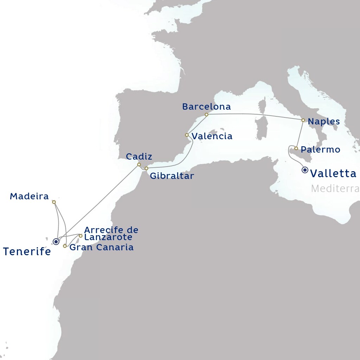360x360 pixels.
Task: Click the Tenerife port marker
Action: (x=56, y=242)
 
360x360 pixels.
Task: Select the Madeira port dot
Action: (x=54, y=202)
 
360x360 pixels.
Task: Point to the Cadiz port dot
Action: (x=139, y=164)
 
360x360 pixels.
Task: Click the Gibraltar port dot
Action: (x=147, y=168)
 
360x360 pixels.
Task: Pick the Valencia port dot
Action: (x=187, y=135)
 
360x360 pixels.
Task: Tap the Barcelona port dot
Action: (x=206, y=115)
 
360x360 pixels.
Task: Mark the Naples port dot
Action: (x=303, y=120)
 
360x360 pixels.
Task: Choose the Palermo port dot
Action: (x=296, y=148)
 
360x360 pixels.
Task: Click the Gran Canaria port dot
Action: (x=65, y=246)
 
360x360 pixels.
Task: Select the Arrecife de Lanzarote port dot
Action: (x=81, y=236)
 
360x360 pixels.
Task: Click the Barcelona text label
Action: (x=206, y=107)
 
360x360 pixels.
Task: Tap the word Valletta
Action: (x=334, y=173)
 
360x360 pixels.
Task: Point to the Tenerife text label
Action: (x=27, y=251)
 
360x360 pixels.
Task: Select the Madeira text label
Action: (x=29, y=196)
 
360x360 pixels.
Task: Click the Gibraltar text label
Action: (x=172, y=176)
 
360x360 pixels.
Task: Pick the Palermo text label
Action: (x=320, y=150)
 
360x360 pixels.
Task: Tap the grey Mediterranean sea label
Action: (x=335, y=188)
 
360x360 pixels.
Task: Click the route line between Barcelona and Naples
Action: (x=253, y=115)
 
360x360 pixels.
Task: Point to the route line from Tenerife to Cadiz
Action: (x=102, y=200)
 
